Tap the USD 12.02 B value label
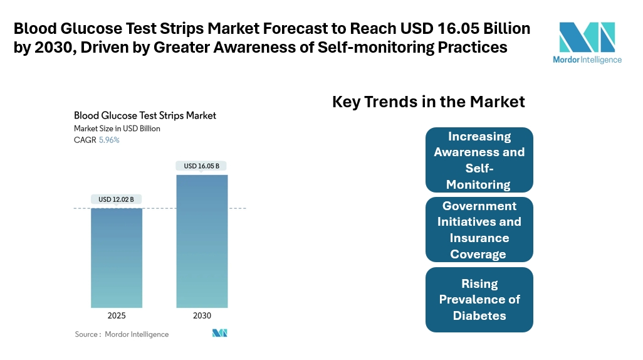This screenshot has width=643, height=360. (117, 199)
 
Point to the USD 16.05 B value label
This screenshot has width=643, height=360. (202, 166)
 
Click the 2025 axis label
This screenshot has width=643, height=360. (117, 315)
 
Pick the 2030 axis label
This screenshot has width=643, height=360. (202, 315)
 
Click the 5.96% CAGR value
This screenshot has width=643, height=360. (109, 140)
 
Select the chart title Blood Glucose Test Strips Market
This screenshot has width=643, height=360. (145, 115)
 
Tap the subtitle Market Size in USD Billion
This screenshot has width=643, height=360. (117, 129)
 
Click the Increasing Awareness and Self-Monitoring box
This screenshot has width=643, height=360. (479, 160)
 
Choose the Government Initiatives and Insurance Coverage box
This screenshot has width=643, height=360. (479, 230)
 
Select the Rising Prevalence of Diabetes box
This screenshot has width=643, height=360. (479, 299)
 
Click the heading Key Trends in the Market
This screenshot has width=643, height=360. (428, 102)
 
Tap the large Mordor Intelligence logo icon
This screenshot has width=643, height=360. (587, 38)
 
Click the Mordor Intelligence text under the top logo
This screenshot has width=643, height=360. (587, 60)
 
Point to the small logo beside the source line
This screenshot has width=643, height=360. (219, 333)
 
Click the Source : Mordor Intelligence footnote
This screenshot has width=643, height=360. (122, 334)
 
